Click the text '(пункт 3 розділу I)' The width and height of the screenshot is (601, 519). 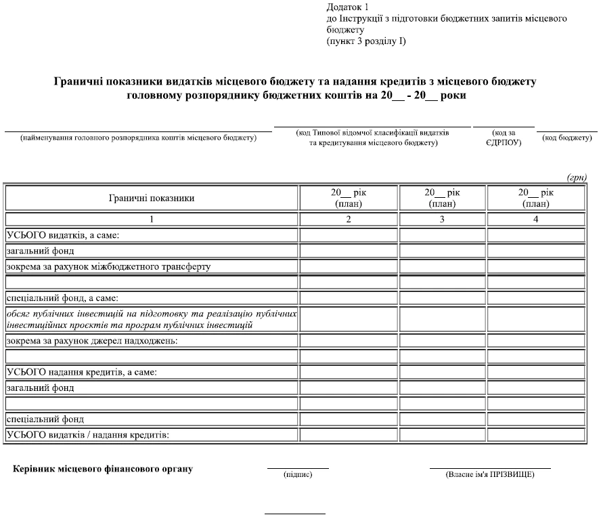[x=366, y=41]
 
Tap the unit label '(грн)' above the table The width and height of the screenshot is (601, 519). [x=576, y=178]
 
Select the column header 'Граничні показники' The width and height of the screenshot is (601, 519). [x=152, y=198]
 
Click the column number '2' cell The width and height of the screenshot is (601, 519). [x=349, y=219]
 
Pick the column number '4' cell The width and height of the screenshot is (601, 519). [x=535, y=219]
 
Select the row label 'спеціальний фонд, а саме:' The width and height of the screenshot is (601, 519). [x=62, y=297]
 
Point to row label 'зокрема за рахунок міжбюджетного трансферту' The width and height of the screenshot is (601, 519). [x=108, y=266]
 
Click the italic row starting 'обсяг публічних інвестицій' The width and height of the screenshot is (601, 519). [x=152, y=319]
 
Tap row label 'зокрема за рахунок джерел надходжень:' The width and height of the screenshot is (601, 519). [x=91, y=340]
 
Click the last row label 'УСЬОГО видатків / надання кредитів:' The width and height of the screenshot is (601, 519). [x=87, y=434]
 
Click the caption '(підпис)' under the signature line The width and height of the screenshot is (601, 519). [x=298, y=475]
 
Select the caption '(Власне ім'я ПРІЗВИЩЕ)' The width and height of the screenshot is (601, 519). [x=490, y=475]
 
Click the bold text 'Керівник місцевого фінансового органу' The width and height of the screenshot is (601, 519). [x=103, y=469]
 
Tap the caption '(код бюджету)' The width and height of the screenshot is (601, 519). [x=567, y=138]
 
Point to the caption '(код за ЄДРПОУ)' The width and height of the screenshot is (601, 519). [x=504, y=138]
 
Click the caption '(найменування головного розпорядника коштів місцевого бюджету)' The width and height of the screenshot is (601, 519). [x=139, y=138]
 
